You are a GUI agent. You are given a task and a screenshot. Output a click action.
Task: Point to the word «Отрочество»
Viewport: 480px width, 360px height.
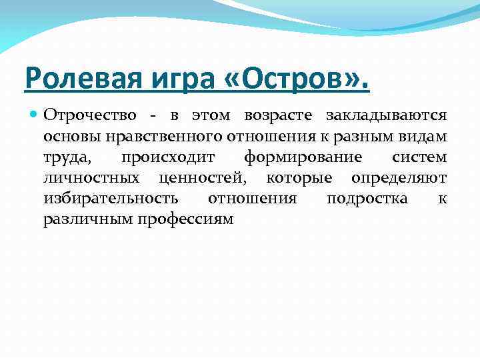coord(91,115)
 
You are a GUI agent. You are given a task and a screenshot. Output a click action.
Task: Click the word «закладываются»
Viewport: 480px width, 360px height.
coord(386,117)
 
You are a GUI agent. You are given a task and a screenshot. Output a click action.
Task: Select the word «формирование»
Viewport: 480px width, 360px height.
coord(303,158)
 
